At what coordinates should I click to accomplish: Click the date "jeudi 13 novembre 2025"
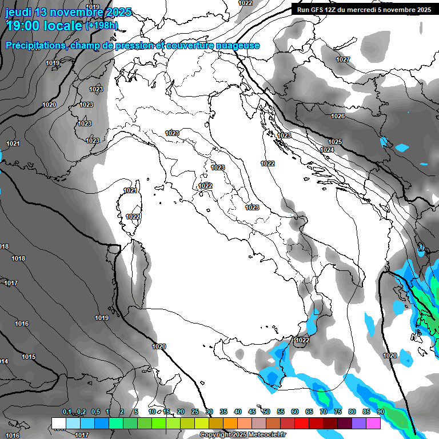pyautogui.click(x=68, y=12)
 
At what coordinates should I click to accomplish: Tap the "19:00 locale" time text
pyautogui.click(x=43, y=26)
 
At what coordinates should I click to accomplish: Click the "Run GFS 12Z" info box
pyautogui.click(x=362, y=9)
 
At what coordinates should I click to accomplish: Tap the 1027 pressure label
pyautogui.click(x=343, y=60)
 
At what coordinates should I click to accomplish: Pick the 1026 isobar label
pyautogui.click(x=338, y=117)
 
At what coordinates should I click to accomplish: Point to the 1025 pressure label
pyautogui.click(x=335, y=142)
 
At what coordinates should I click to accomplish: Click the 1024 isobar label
pyautogui.click(x=327, y=150)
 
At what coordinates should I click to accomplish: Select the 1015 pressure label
pyautogui.click(x=29, y=357)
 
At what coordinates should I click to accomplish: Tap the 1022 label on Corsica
pyautogui.click(x=133, y=217)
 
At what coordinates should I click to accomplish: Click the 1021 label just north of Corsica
pyautogui.click(x=130, y=190)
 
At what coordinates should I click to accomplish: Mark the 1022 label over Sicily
pyautogui.click(x=302, y=340)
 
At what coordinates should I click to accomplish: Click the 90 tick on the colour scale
pyautogui.click(x=380, y=412)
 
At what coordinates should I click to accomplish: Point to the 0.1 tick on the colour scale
pyautogui.click(x=66, y=412)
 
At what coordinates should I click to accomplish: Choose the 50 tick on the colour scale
pyautogui.click(x=266, y=412)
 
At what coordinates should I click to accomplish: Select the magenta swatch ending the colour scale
pyautogui.click(x=373, y=423)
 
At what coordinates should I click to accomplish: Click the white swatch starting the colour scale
pyautogui.click(x=59, y=423)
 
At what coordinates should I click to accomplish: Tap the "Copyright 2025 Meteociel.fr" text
pyautogui.click(x=242, y=435)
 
